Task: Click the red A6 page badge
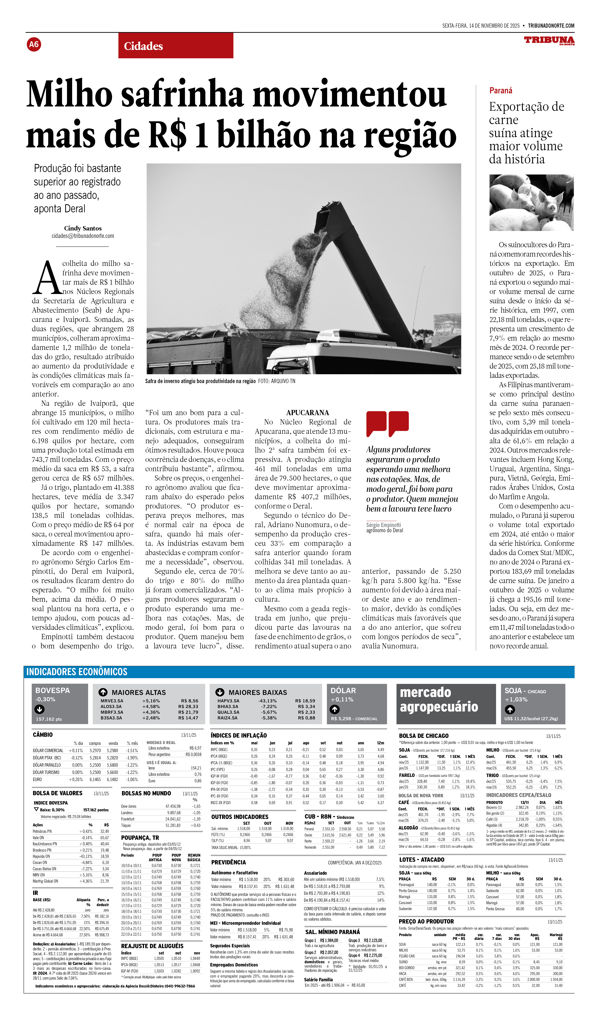point(34,44)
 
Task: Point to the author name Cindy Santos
point(83,228)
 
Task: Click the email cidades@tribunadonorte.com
point(83,236)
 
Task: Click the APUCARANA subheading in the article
point(308,412)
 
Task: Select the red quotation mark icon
point(387,424)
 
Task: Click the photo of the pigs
point(531,203)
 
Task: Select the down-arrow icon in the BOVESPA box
point(40,709)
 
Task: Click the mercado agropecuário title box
point(446,704)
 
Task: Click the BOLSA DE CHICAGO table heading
point(424,736)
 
